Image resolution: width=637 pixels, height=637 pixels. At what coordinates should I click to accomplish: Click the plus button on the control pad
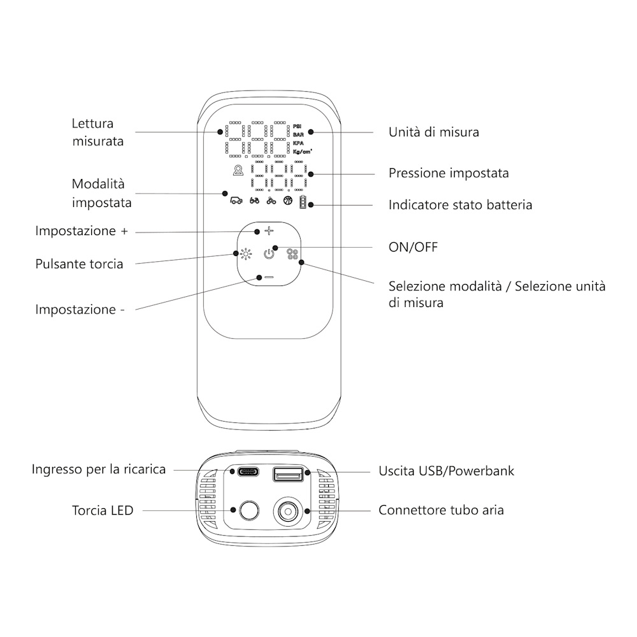click(x=269, y=232)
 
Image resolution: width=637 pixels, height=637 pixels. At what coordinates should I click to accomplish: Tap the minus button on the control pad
click(x=269, y=277)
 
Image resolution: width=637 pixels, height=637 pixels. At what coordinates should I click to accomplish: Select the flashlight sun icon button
click(x=246, y=255)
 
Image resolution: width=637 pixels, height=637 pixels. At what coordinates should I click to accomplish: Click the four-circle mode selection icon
click(x=292, y=255)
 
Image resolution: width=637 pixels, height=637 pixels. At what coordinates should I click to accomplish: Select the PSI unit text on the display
click(x=297, y=126)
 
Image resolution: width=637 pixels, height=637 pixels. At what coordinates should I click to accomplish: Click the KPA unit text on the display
click(x=297, y=143)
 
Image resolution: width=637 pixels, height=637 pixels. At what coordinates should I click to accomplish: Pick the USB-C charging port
click(x=246, y=473)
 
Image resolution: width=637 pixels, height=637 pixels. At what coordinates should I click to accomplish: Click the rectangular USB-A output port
click(x=288, y=473)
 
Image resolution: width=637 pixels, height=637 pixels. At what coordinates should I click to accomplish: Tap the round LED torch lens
click(x=247, y=510)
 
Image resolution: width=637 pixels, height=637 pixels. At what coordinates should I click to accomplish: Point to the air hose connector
click(x=288, y=510)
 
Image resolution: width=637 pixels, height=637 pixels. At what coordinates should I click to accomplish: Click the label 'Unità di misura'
click(x=433, y=132)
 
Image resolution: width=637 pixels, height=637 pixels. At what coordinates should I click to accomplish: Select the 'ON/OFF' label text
click(x=413, y=247)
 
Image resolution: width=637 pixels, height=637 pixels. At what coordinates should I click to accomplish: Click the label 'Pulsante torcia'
click(x=79, y=264)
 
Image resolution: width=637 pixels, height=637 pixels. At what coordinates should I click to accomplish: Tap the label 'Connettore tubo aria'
click(x=441, y=510)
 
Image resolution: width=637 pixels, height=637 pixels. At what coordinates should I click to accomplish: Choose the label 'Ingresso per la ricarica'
click(x=99, y=469)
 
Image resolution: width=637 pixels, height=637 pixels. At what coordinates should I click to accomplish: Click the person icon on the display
click(x=238, y=171)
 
